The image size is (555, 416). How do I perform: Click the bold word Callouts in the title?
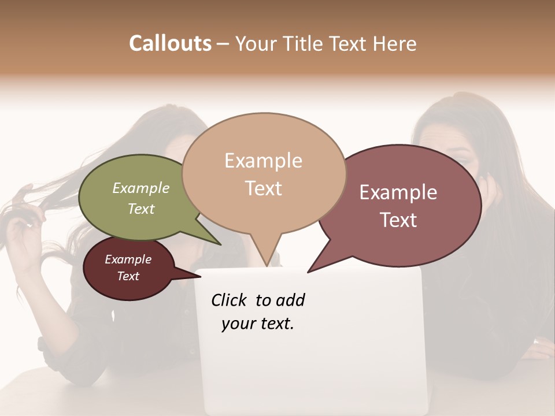pyautogui.click(x=170, y=43)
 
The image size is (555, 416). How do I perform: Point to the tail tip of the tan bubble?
pyautogui.click(x=267, y=265)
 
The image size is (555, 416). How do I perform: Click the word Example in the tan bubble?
pyautogui.click(x=263, y=161)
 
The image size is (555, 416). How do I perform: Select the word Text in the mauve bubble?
pyautogui.click(x=399, y=220)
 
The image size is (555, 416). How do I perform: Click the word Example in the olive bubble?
pyautogui.click(x=140, y=188)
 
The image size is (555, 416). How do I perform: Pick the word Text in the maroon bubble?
pyautogui.click(x=128, y=276)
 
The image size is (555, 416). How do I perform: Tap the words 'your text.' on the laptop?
pyautogui.click(x=257, y=324)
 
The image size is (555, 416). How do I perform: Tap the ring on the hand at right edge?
pyautogui.click(x=535, y=342)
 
